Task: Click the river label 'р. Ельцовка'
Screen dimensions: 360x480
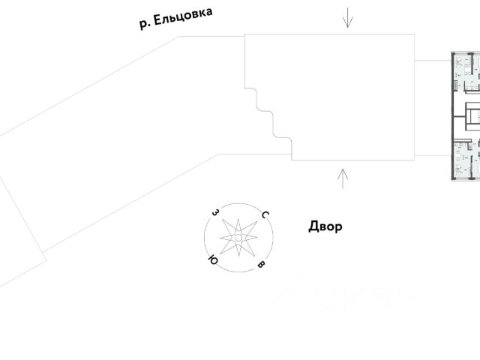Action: click(175, 19)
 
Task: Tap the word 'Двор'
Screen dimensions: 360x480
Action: click(325, 226)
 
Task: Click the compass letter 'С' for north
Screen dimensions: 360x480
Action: click(265, 215)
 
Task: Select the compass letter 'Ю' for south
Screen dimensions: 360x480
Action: click(213, 260)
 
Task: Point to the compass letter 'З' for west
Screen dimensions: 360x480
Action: click(215, 213)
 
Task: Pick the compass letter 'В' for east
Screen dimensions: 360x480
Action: click(261, 265)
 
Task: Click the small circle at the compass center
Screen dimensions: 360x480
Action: click(238, 238)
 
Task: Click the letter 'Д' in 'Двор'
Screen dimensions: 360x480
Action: click(313, 226)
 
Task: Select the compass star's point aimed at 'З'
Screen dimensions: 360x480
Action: click(226, 224)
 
